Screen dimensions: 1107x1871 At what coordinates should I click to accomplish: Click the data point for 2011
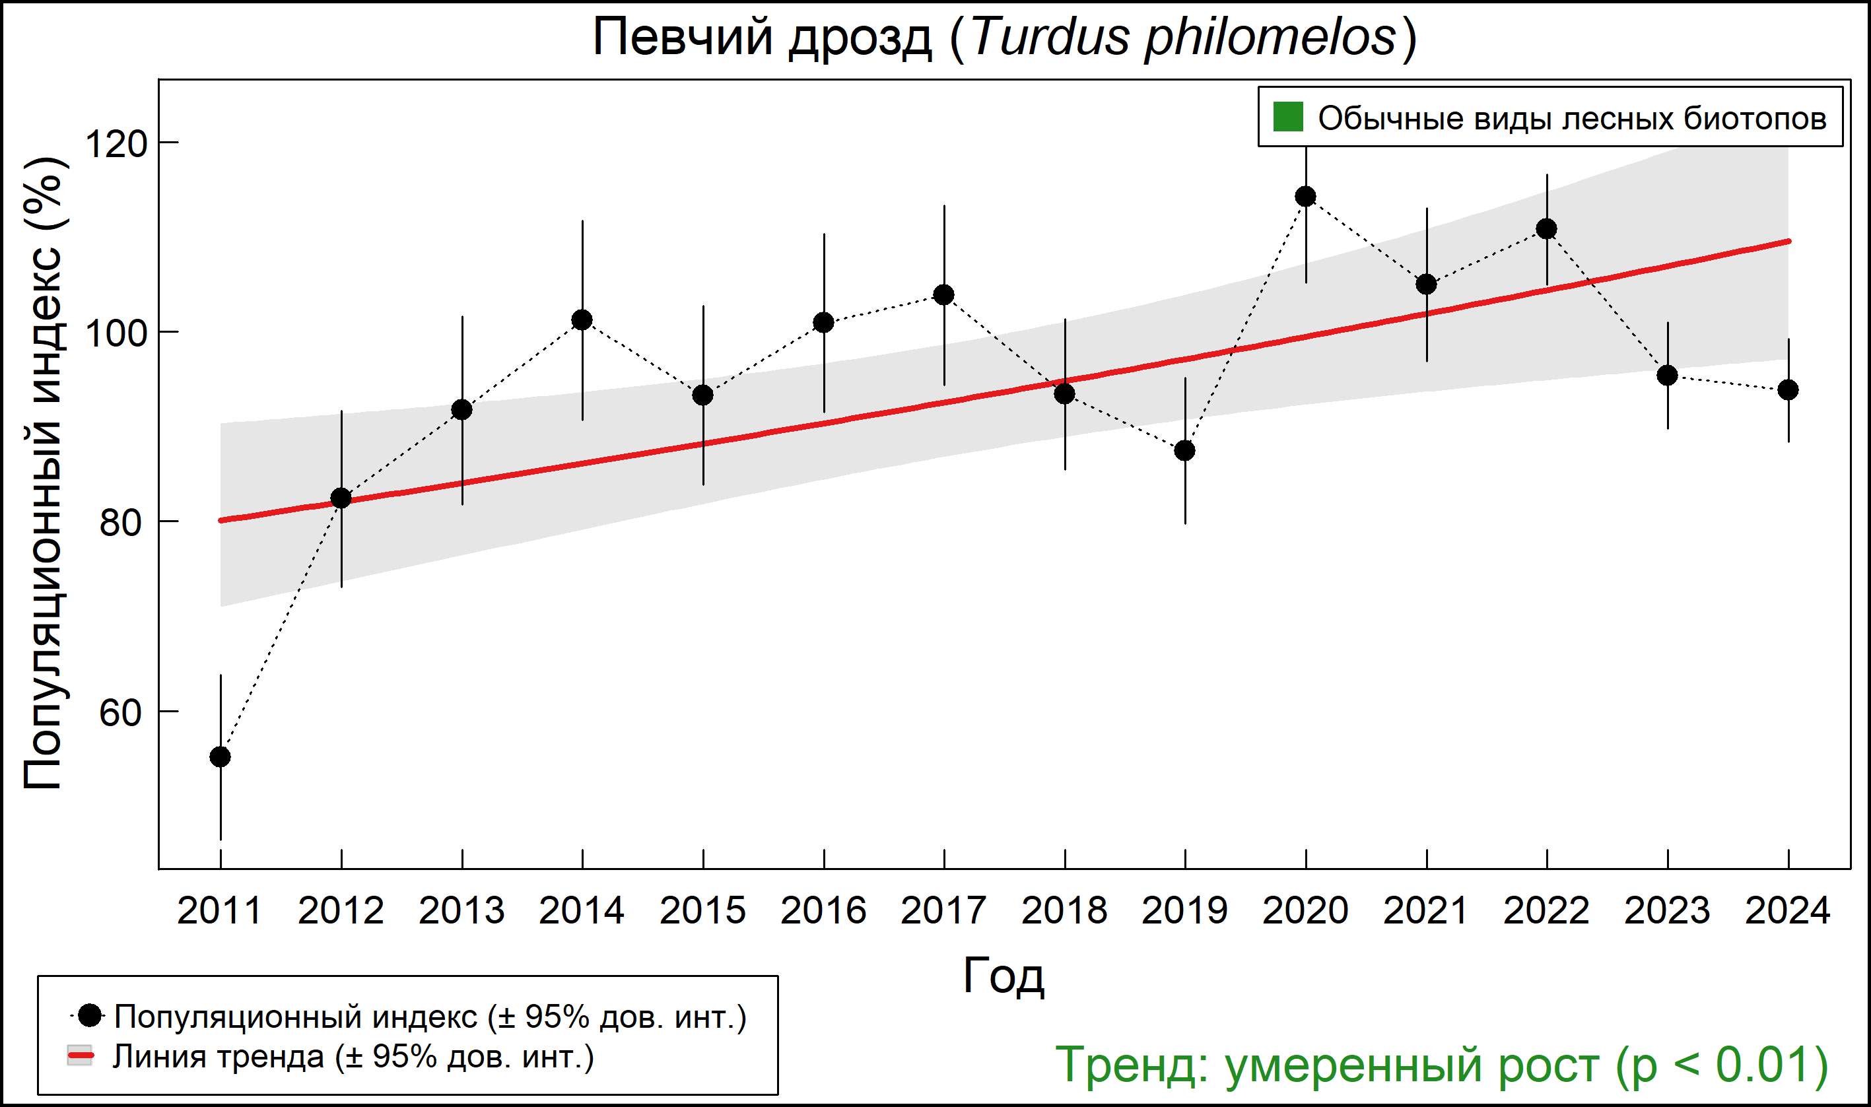(220, 757)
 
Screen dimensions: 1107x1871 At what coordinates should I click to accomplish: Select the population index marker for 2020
(1305, 197)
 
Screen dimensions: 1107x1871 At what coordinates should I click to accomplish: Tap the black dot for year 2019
(1184, 451)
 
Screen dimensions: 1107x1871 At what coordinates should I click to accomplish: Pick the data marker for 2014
(582, 320)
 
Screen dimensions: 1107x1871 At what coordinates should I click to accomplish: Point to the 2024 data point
(1788, 390)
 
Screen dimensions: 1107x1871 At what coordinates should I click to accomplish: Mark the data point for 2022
(1546, 229)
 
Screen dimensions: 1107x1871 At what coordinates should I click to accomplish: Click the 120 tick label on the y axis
(116, 143)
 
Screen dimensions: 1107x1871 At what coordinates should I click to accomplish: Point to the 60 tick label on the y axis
(120, 712)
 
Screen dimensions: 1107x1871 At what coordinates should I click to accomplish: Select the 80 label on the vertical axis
(120, 523)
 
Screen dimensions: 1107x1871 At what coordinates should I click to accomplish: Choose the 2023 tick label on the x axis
(1668, 911)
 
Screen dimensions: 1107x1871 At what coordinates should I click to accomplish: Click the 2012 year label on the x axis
(341, 911)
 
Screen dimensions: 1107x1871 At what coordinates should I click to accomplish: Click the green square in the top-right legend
(1288, 116)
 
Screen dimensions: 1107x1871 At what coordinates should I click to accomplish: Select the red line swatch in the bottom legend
(81, 1056)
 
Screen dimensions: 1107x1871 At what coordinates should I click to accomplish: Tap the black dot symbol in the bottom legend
(90, 1015)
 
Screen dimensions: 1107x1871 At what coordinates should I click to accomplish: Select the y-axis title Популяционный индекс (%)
(42, 474)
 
